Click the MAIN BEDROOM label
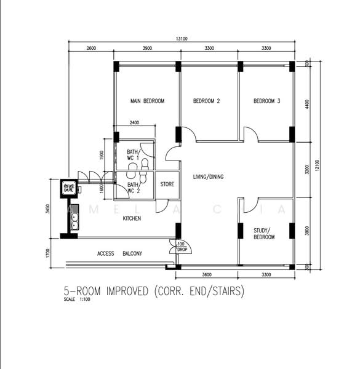146,101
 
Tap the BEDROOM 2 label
206,101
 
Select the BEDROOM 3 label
266,101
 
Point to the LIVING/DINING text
207,177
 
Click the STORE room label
167,184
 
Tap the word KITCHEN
133,218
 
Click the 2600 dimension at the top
90,48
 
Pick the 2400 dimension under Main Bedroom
134,123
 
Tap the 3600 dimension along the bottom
207,275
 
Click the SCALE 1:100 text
78,300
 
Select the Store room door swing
161,206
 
